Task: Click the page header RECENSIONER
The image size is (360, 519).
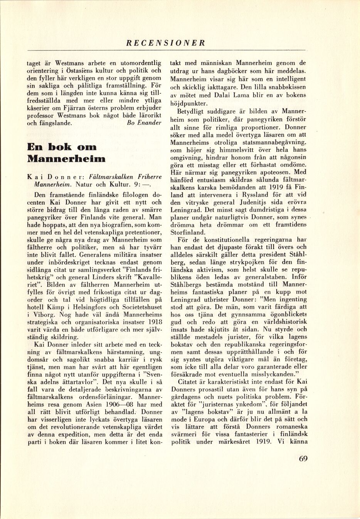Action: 167,43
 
